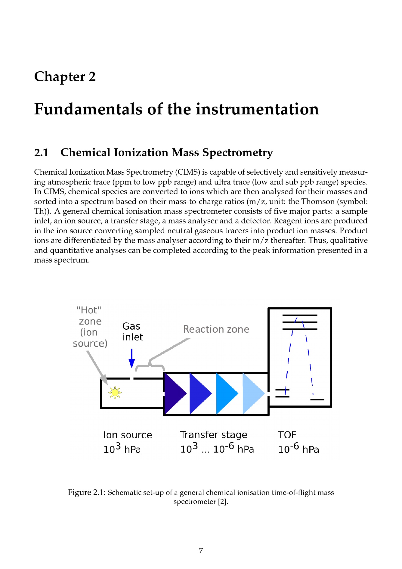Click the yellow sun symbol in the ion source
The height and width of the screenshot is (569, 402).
(115, 393)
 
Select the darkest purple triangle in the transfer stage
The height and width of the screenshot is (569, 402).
(174, 393)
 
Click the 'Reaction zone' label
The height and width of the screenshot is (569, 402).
(216, 329)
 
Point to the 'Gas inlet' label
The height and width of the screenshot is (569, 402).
(133, 331)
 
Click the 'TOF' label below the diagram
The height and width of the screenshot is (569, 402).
(287, 435)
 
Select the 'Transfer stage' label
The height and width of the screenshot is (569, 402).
(213, 435)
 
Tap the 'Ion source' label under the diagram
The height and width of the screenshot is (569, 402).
(127, 435)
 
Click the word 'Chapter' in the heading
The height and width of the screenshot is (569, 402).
(60, 77)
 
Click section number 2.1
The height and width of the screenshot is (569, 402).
(42, 153)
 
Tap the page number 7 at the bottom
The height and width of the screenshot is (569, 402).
(201, 551)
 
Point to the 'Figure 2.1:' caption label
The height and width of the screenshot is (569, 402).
(86, 493)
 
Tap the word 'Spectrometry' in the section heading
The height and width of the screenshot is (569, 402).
(237, 153)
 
